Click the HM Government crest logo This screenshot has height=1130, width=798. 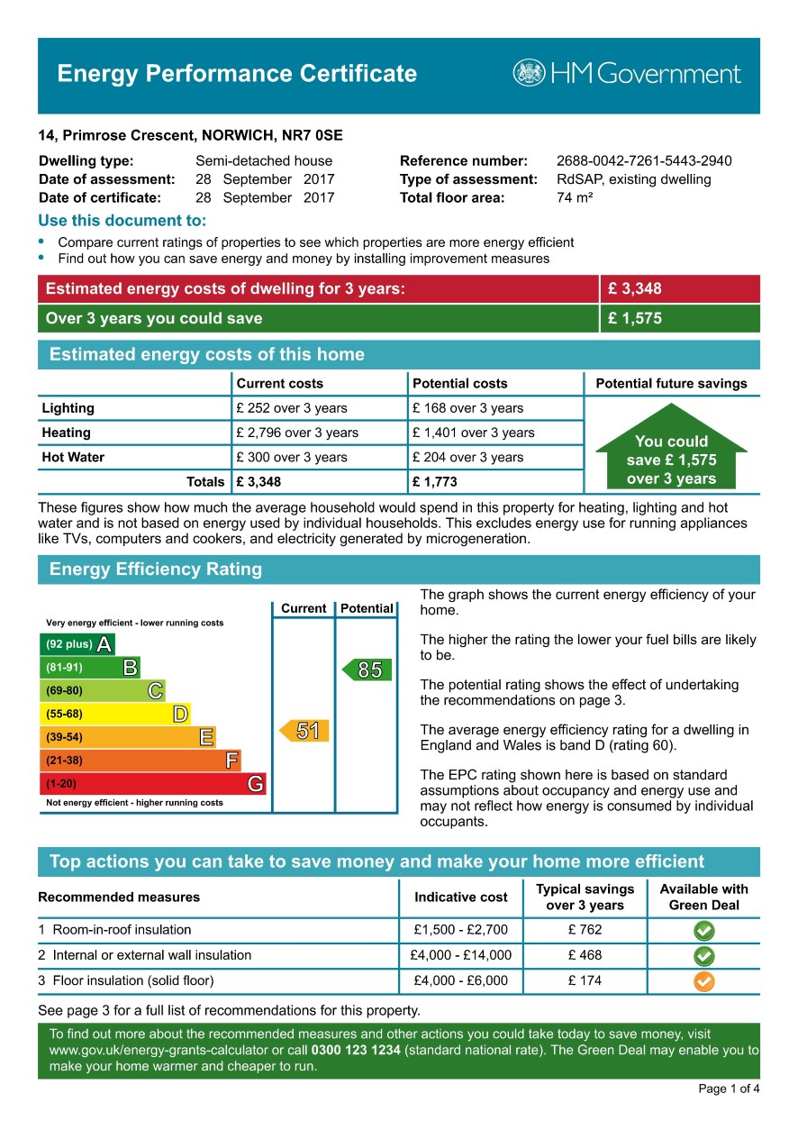(x=529, y=73)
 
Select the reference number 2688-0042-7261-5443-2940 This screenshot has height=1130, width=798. (x=644, y=161)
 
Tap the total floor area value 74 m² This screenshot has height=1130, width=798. (x=575, y=197)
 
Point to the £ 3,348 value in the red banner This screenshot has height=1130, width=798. (x=635, y=289)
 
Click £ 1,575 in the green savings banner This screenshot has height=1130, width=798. (x=635, y=318)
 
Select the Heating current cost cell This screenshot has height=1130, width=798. (x=297, y=433)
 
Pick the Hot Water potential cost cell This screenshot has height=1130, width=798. (x=467, y=457)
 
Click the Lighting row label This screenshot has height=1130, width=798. (x=68, y=408)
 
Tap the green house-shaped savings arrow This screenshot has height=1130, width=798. (x=671, y=450)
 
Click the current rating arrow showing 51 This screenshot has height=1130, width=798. (x=304, y=731)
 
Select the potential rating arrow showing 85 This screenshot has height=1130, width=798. (x=367, y=670)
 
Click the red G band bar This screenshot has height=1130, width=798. (x=153, y=784)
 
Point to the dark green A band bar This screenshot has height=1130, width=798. (x=77, y=644)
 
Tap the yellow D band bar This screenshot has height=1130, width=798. (x=115, y=715)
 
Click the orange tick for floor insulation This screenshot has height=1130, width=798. (x=704, y=981)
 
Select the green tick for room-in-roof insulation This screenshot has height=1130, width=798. (x=704, y=931)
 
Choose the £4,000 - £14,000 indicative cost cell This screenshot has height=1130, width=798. (x=462, y=955)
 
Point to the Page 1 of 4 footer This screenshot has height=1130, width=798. (x=729, y=1089)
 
